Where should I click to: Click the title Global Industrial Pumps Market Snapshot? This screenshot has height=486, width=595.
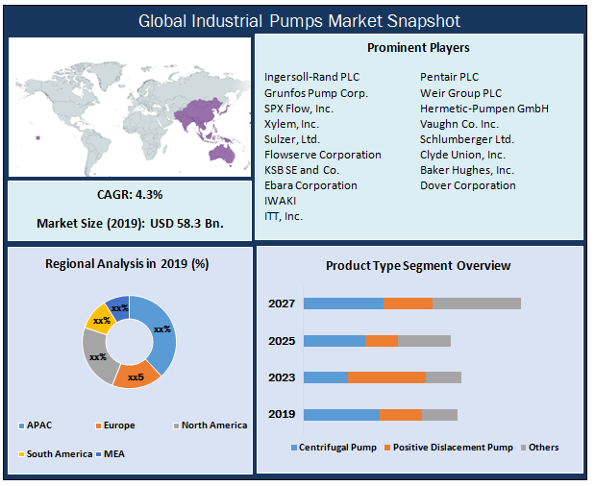[x=299, y=20]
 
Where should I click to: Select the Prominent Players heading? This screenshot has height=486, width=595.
[x=418, y=47]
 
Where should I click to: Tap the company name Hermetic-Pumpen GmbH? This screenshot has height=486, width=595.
[x=483, y=109]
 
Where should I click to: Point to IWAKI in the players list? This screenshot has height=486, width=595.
[x=280, y=201]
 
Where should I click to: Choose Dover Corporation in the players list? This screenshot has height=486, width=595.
[x=467, y=185]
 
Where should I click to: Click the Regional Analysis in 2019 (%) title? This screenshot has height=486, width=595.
[x=128, y=264]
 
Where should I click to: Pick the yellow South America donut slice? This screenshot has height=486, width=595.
[x=99, y=318]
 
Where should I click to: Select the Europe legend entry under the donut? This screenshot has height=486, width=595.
[x=114, y=425]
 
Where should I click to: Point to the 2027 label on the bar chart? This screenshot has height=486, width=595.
[x=282, y=304]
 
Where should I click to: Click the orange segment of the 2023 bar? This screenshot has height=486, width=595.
[x=386, y=377]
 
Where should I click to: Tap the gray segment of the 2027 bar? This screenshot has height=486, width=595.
[x=476, y=304]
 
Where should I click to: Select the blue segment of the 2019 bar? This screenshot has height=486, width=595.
[x=341, y=414]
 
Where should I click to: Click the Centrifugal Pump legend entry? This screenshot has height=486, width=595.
[x=332, y=448]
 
